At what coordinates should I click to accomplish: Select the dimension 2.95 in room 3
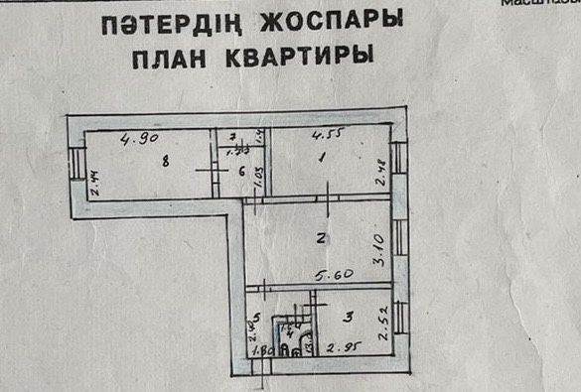point(344,347)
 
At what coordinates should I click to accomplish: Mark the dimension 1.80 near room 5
point(262,350)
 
